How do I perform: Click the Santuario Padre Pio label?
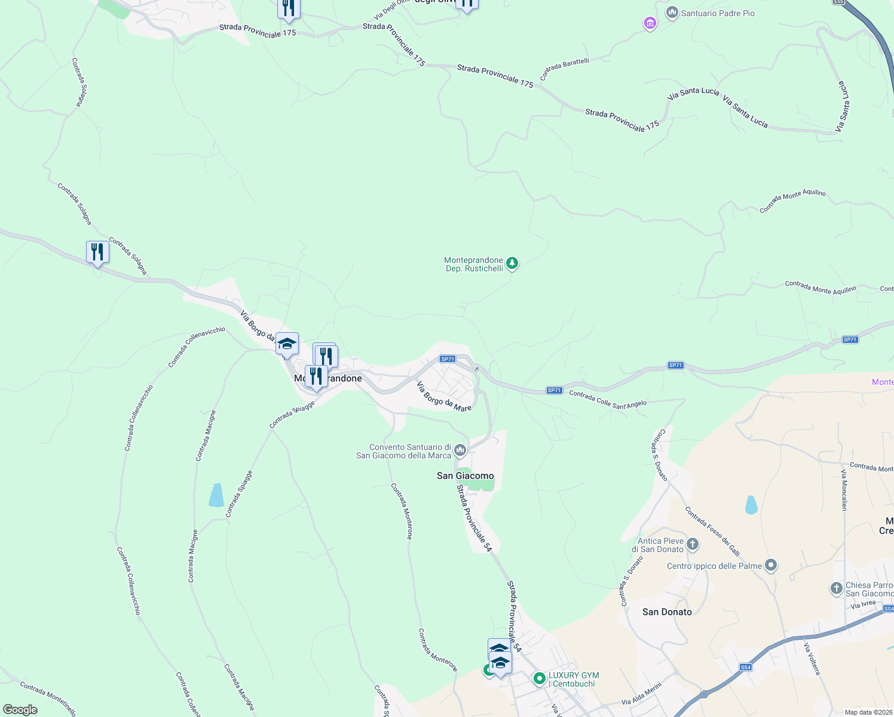tap(718, 13)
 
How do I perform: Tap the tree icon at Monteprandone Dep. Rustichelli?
tap(512, 263)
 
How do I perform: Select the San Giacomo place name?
tap(466, 476)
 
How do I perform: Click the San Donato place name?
tap(667, 612)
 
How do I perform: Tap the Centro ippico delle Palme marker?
tap(771, 565)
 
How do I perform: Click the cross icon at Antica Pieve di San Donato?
tap(693, 544)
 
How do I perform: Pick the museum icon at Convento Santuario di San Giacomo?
tap(460, 450)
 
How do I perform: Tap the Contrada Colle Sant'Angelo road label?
tap(608, 399)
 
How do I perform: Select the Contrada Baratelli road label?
tap(564, 69)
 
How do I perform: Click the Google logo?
tap(20, 710)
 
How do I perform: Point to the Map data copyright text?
tap(868, 712)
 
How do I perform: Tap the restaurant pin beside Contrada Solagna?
tap(97, 252)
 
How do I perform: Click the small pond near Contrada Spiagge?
tap(216, 495)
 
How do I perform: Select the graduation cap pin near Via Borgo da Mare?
tap(287, 344)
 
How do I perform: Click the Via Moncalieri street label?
tap(844, 490)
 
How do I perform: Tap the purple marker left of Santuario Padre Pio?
tap(650, 23)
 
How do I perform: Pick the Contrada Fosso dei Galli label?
tap(712, 531)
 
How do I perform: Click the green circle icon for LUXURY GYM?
tap(539, 679)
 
